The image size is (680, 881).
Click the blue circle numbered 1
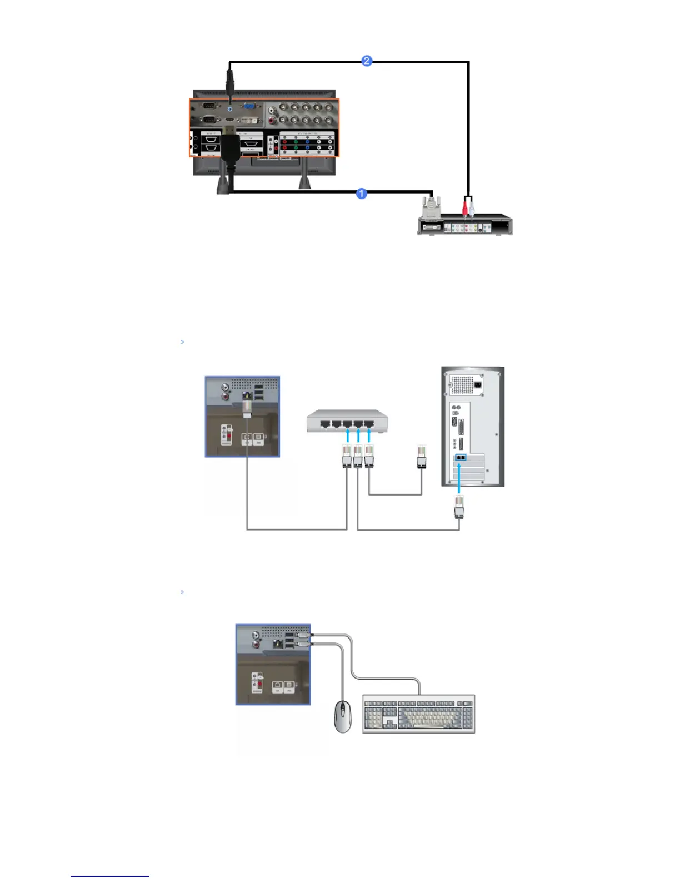(361, 194)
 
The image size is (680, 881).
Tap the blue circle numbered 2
(367, 61)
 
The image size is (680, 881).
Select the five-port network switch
(347, 421)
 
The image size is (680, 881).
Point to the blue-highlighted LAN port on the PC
(460, 457)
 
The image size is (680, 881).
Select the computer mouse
(343, 717)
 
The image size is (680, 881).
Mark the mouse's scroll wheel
(343, 708)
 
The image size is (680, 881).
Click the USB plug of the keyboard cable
(303, 634)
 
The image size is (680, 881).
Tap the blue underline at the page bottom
(109, 876)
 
